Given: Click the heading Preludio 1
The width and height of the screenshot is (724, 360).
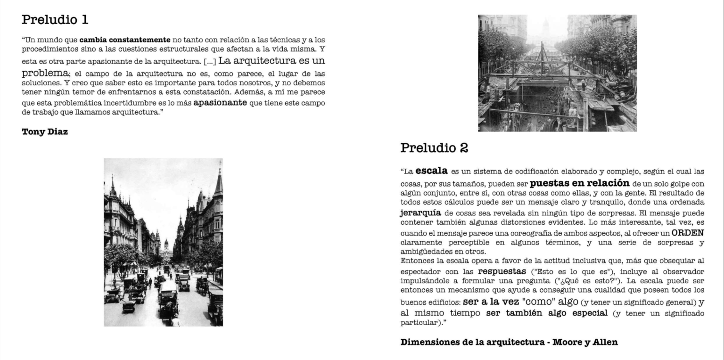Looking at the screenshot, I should click(x=55, y=20).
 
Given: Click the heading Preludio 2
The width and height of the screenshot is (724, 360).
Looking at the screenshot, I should click(x=434, y=147).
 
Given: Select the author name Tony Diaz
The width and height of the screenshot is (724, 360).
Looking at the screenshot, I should click(x=45, y=132).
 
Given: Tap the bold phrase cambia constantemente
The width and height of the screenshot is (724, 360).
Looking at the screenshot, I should click(x=125, y=40).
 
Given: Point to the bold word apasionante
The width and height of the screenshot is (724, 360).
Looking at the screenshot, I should click(x=220, y=102).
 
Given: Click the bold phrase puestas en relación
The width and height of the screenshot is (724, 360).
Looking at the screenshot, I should click(x=579, y=183).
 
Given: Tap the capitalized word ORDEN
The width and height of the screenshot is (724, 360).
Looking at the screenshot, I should click(x=688, y=233).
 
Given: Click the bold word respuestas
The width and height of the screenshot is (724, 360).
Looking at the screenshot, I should click(x=502, y=272).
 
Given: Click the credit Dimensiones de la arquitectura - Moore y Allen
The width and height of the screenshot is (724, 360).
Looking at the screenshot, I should click(x=509, y=342).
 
